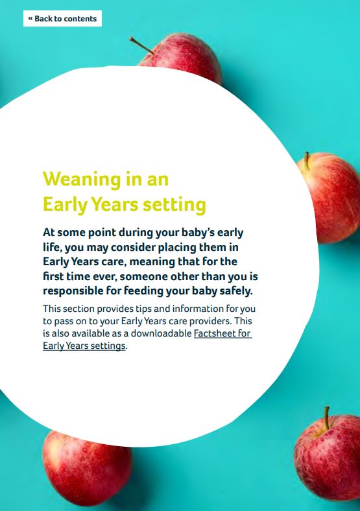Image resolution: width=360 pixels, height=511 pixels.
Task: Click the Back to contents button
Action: [x=62, y=19]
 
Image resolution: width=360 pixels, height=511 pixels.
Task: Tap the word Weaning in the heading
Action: [x=82, y=180]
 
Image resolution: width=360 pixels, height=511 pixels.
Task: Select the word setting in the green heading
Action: [x=174, y=205]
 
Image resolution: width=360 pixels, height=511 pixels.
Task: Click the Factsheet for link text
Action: [x=222, y=333]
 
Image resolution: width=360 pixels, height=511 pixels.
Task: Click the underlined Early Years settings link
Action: [x=84, y=346]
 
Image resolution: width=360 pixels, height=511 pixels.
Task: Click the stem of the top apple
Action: [x=142, y=45]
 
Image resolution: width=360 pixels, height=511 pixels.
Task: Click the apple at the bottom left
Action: [x=87, y=468]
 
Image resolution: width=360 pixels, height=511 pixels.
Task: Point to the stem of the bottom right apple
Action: [x=326, y=418]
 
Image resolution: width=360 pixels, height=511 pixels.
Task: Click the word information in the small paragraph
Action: [x=198, y=309]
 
